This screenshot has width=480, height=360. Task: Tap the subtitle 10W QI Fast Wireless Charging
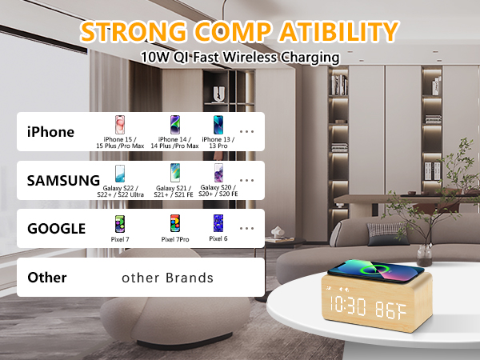pyautogui.click(x=239, y=58)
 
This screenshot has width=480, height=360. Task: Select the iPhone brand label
pyautogui.click(x=50, y=132)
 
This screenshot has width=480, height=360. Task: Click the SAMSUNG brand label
pyautogui.click(x=63, y=180)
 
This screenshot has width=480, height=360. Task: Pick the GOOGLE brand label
pyautogui.click(x=56, y=228)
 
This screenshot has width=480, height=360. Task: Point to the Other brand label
pyautogui.click(x=47, y=278)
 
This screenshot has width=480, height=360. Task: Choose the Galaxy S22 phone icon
pyautogui.click(x=121, y=174)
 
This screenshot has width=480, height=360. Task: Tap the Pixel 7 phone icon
pyautogui.click(x=121, y=223)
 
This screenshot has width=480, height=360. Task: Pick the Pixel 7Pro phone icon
pyautogui.click(x=175, y=223)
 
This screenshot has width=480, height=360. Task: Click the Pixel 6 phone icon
pyautogui.click(x=218, y=223)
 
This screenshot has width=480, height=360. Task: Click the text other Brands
pyautogui.click(x=167, y=278)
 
